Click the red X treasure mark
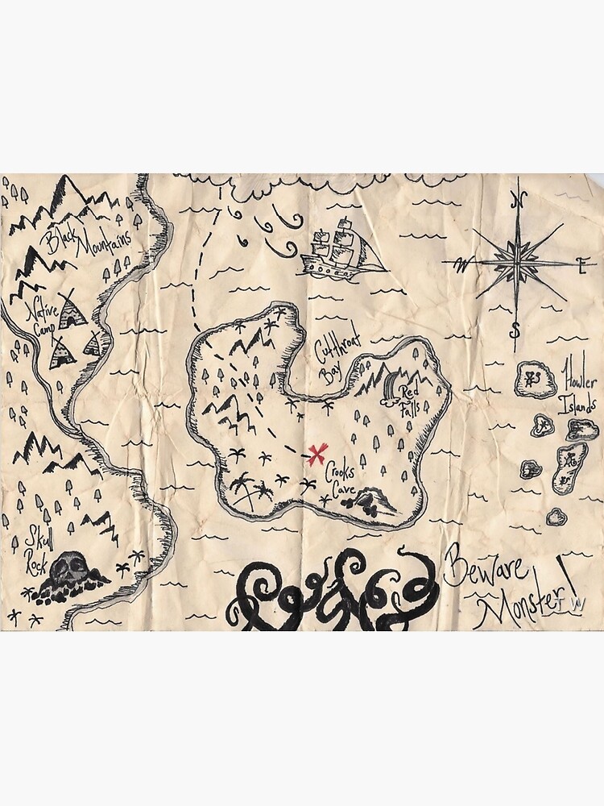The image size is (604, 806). click(x=317, y=454)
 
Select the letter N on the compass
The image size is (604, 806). click(x=520, y=201)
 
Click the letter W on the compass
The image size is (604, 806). click(x=461, y=264)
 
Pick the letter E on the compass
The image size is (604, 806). click(x=581, y=261)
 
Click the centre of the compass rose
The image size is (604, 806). click(x=517, y=262)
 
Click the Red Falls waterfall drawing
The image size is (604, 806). click(x=390, y=385)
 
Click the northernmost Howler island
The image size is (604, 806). click(x=535, y=379)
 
